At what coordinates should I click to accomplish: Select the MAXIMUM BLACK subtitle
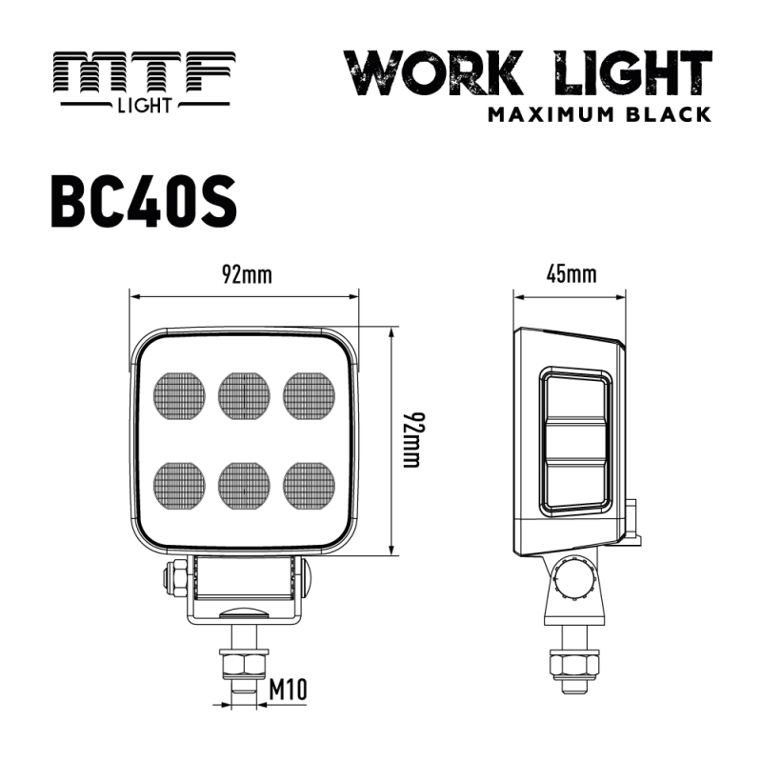599,114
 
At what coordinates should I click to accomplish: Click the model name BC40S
143,201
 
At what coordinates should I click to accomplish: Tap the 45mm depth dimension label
571,276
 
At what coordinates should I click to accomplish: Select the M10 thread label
288,687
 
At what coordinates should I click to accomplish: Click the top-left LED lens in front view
179,393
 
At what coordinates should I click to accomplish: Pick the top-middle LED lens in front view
245,393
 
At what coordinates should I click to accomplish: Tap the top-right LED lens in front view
310,393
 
